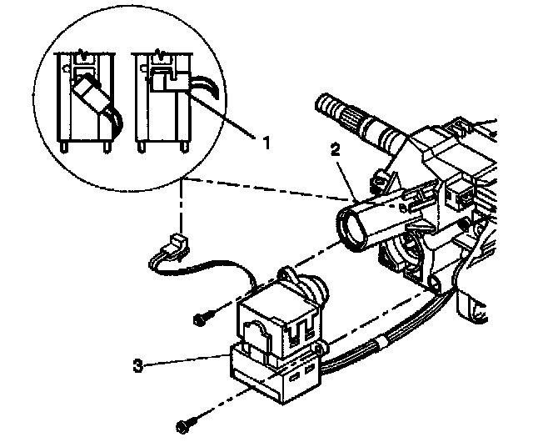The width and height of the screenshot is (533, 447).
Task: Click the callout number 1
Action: [x=266, y=143]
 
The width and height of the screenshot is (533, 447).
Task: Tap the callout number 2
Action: [x=335, y=150]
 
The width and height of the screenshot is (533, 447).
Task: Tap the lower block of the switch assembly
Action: [x=275, y=375]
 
